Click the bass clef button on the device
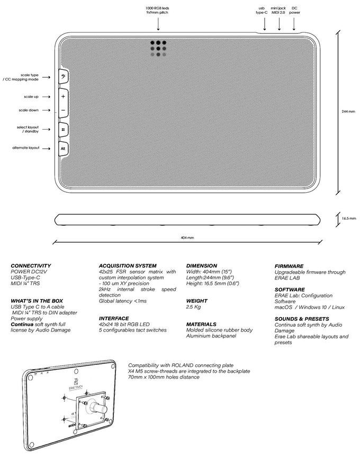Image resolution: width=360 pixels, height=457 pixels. tap(62, 77)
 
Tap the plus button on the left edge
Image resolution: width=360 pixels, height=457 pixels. tap(62, 97)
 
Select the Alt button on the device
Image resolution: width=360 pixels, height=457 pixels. tap(62, 149)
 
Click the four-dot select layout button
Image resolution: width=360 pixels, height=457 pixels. tap(62, 129)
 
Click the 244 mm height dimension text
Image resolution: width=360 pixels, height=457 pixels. tap(348, 112)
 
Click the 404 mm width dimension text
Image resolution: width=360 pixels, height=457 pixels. tap(187, 238)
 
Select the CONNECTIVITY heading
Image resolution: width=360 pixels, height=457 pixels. tap(31, 266)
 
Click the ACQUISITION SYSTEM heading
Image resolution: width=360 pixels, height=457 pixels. tap(128, 266)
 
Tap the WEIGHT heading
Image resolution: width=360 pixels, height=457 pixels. tap(196, 301)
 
